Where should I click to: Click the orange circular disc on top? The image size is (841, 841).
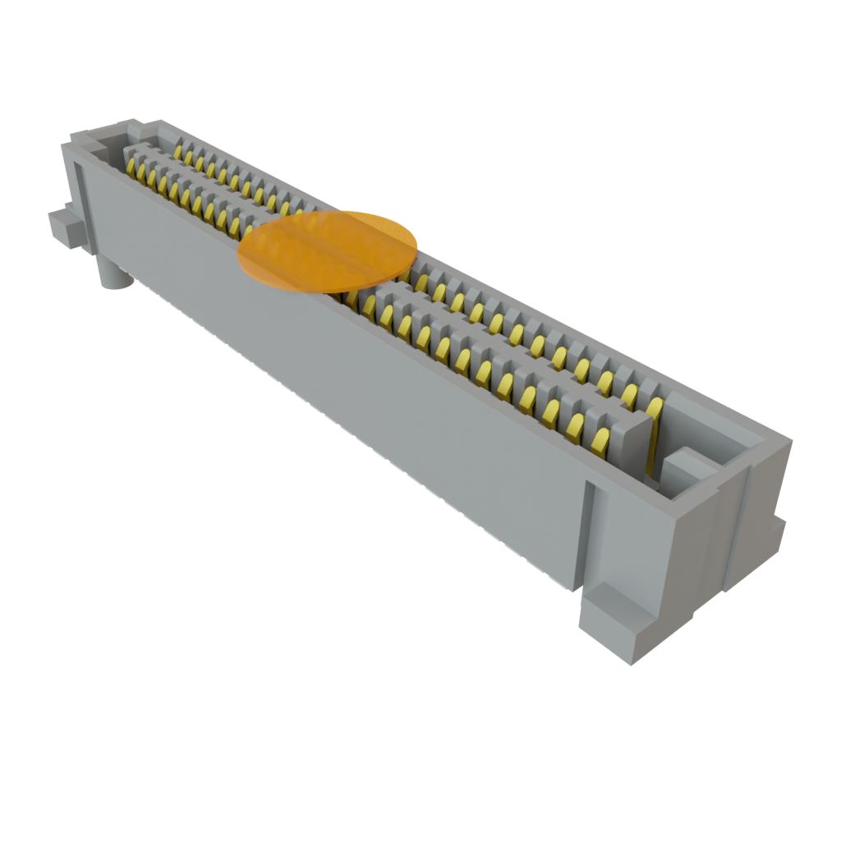pyautogui.click(x=328, y=250)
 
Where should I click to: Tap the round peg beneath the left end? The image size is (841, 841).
pyautogui.click(x=114, y=274)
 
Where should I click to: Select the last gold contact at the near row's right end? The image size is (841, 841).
pyautogui.click(x=601, y=442)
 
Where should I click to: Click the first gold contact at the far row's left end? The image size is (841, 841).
pyautogui.click(x=177, y=151)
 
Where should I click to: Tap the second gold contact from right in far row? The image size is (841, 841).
pyautogui.click(x=631, y=397)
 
